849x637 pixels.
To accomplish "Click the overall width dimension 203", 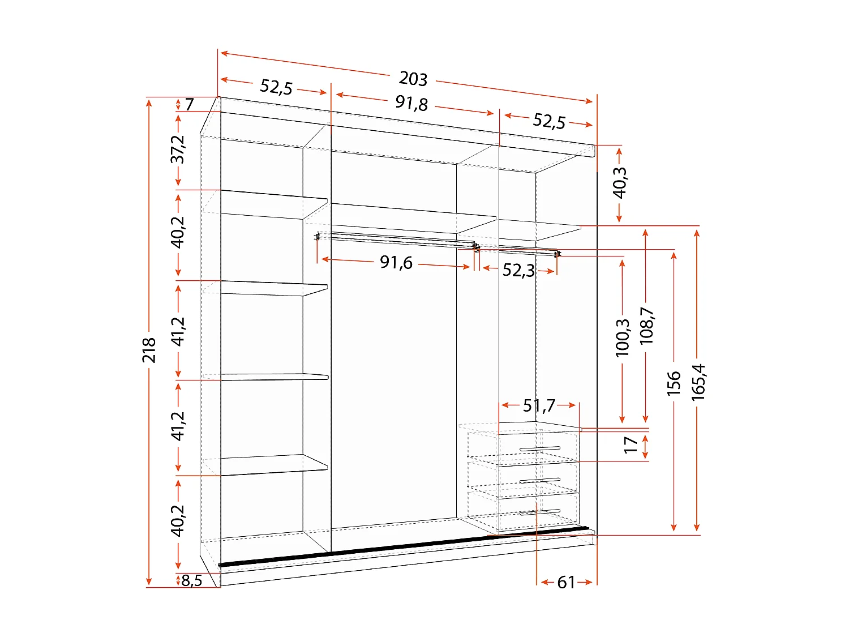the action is point(413,79).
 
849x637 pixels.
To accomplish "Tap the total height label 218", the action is point(149,350).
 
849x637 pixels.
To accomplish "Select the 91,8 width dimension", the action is point(411,104).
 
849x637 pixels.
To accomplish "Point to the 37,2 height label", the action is point(178,149).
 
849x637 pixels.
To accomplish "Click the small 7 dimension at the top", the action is point(189,104).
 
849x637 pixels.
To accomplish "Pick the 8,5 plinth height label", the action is point(192,580).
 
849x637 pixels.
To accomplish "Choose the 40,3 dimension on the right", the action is point(620,182).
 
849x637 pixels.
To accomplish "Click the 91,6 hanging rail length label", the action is point(396,262).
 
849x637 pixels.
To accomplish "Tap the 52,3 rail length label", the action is point(518,270).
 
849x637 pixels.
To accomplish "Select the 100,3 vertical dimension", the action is point(623,337).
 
